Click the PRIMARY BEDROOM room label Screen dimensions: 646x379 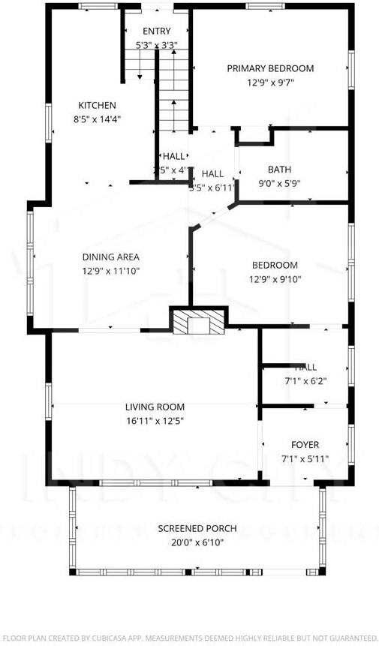pos(270,68)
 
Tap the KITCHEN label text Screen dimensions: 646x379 pos(98,105)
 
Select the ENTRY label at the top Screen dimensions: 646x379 pos(157,31)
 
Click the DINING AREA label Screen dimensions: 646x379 pos(110,257)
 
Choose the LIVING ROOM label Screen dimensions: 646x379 pos(155,407)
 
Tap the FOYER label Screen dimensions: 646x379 pos(305,443)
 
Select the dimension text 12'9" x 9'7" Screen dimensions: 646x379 pos(270,83)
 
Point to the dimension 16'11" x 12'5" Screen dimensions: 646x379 pos(155,421)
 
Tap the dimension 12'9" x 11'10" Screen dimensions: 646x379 pos(110,271)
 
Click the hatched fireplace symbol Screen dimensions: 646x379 pos(199,321)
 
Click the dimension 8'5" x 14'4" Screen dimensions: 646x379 pos(98,119)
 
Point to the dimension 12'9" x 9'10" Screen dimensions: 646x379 pos(275,279)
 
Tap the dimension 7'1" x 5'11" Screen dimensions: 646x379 pos(305,458)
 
